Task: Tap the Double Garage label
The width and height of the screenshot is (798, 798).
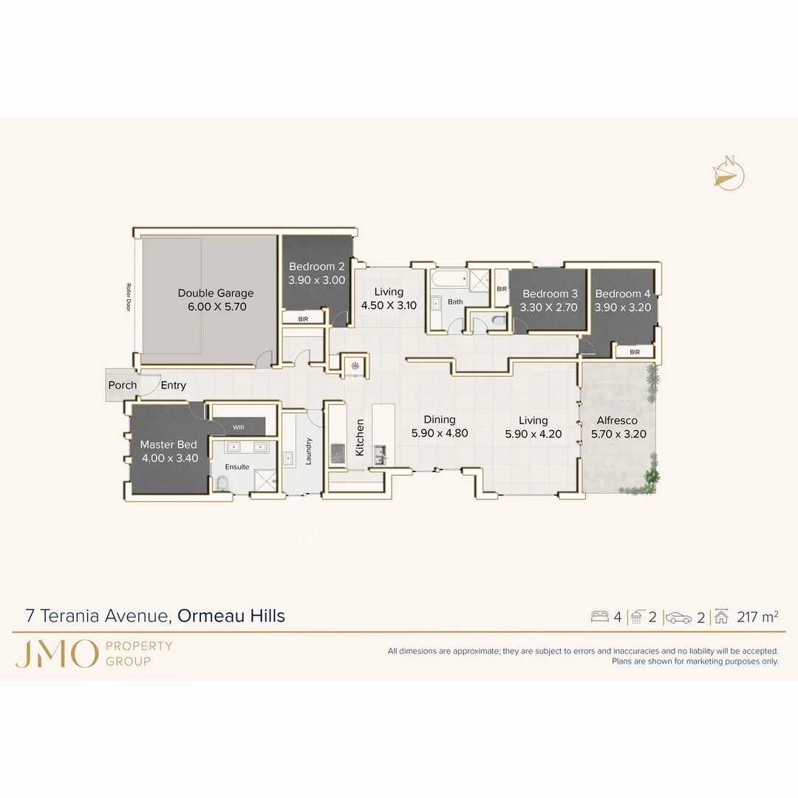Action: tap(215, 293)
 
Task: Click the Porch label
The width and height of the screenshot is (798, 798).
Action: tap(123, 385)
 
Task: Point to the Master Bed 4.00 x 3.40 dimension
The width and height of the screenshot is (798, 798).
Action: tap(169, 458)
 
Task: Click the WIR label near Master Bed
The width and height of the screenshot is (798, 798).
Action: tap(238, 427)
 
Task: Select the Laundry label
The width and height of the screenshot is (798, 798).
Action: tap(309, 451)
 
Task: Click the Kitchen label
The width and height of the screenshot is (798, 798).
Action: tap(361, 437)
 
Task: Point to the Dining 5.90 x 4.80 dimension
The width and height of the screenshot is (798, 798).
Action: tap(440, 434)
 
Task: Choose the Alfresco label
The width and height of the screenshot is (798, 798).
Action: tap(617, 420)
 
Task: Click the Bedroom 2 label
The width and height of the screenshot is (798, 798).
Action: tap(316, 267)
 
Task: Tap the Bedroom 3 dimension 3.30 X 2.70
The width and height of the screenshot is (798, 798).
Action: tap(549, 307)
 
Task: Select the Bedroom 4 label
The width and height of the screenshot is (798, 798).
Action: tap(623, 293)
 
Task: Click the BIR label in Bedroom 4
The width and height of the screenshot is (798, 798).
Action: tap(635, 352)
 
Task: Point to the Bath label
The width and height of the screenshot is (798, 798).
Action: tap(455, 301)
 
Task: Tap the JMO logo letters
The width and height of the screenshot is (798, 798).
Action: tap(56, 654)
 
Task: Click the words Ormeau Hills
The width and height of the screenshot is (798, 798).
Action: tap(231, 615)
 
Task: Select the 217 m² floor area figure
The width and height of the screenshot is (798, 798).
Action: tap(757, 617)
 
